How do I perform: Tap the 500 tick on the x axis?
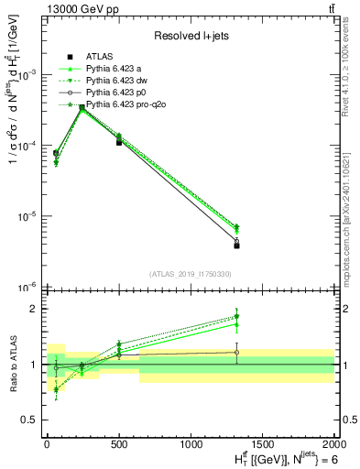[x=119, y=444]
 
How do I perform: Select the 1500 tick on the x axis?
[x=263, y=444]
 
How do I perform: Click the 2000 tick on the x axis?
[x=333, y=444]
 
